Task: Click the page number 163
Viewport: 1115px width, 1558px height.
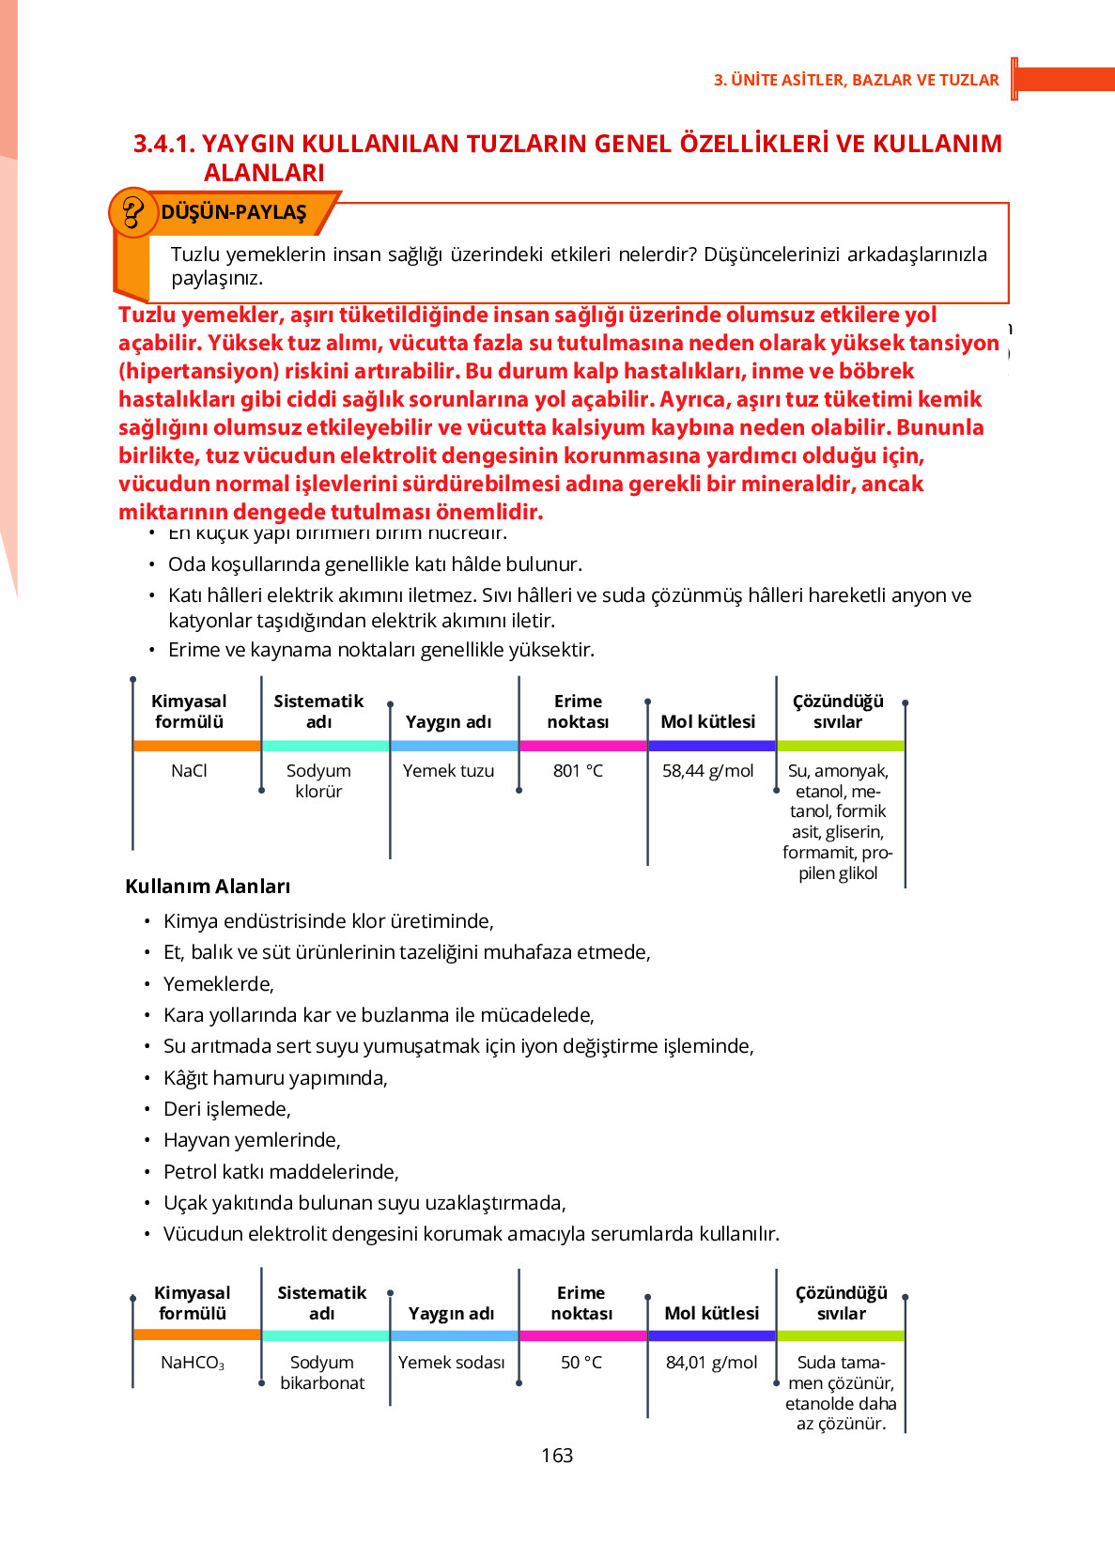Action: (x=557, y=1455)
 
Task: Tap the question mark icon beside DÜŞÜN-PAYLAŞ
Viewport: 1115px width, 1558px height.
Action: (x=132, y=211)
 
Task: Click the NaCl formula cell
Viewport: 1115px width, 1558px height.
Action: (x=189, y=770)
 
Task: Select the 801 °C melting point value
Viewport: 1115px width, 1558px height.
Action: (x=578, y=770)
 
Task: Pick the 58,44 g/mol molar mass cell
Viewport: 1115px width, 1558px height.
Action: (x=707, y=770)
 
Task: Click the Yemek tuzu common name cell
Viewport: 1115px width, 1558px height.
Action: (x=448, y=770)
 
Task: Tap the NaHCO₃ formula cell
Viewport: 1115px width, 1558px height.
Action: (x=193, y=1362)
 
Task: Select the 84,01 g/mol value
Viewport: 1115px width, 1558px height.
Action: (x=711, y=1362)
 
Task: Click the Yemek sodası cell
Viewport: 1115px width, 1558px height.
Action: (x=451, y=1362)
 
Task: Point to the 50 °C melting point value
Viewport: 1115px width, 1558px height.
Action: (x=581, y=1362)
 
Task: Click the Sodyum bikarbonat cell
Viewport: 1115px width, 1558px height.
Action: (x=322, y=1372)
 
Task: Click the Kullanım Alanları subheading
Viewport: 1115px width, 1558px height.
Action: (x=208, y=886)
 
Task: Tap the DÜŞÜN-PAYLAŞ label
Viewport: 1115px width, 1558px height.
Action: (x=234, y=212)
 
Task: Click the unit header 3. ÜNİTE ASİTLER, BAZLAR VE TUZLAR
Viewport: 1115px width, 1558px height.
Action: (x=856, y=80)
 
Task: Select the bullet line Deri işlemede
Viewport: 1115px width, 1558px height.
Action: (x=226, y=1108)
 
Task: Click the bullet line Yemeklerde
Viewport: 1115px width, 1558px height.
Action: (x=218, y=983)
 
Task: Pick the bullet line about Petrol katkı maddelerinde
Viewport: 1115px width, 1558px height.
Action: (x=281, y=1171)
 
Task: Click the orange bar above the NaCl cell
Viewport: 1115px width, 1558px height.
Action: (x=197, y=746)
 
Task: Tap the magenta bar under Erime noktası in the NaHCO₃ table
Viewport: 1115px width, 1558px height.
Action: (x=582, y=1335)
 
